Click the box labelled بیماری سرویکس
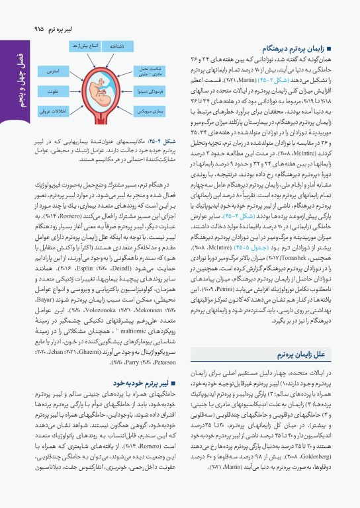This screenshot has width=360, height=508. pyautogui.click(x=163, y=113)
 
